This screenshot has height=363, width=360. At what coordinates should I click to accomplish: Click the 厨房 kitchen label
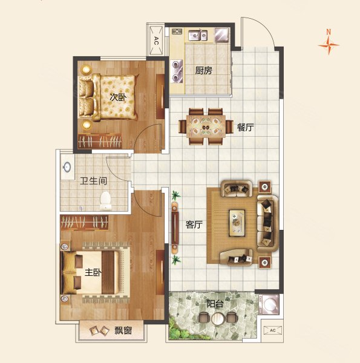(203, 70)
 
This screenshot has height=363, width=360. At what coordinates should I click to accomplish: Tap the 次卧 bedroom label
(118, 97)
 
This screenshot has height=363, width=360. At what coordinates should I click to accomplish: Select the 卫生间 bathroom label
(94, 181)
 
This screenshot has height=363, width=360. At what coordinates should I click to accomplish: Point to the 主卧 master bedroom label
(93, 272)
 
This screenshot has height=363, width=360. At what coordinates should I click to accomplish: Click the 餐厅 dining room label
(246, 127)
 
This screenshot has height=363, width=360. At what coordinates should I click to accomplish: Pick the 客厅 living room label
(194, 224)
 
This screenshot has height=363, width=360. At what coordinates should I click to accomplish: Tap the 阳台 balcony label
(215, 304)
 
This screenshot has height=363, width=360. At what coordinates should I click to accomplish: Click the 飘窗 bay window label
(123, 330)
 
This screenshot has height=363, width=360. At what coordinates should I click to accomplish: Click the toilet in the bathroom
(105, 200)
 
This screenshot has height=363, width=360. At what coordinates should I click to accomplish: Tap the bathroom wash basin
(67, 167)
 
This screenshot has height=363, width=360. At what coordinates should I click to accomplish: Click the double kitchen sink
(197, 35)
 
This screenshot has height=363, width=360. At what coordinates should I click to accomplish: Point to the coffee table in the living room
(237, 223)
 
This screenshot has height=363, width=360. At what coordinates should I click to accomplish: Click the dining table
(206, 126)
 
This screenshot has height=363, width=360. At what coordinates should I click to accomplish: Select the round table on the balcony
(217, 318)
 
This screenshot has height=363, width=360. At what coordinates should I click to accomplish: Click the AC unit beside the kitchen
(156, 41)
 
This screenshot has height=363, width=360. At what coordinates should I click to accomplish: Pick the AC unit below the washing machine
(273, 330)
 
